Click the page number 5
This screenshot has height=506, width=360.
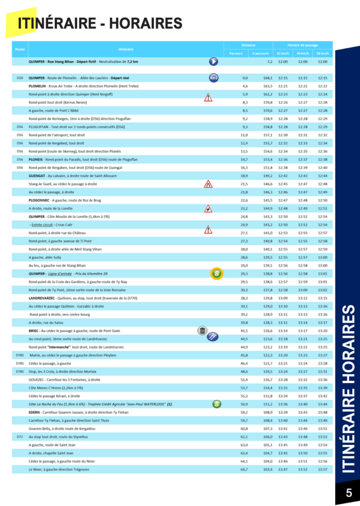point(349,492)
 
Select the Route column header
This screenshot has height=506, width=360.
point(20,49)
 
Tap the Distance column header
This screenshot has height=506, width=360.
point(249,45)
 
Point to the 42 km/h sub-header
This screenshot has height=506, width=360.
point(283,53)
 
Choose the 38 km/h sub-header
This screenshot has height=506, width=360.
point(322,53)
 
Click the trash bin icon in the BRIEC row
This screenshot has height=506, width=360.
point(202,331)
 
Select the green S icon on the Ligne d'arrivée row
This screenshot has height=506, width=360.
point(216,273)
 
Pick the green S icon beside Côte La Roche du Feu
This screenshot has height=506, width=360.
point(216,404)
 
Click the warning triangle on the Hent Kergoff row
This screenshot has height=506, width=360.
point(208,97)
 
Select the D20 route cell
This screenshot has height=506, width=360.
point(20,78)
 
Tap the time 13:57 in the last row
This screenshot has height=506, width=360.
point(322,469)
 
